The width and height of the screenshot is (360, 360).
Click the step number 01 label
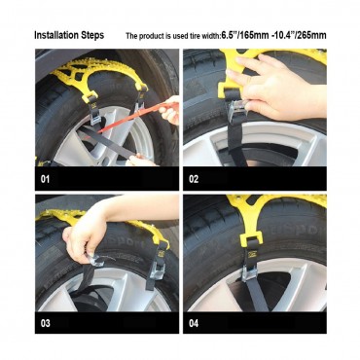click(47, 180)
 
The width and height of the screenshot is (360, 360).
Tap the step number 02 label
click(195, 180)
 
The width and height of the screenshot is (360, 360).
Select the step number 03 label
click(47, 322)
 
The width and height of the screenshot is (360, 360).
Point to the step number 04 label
click(195, 322)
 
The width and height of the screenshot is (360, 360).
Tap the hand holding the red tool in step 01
click(169, 113)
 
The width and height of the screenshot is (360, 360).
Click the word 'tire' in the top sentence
click(201, 36)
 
